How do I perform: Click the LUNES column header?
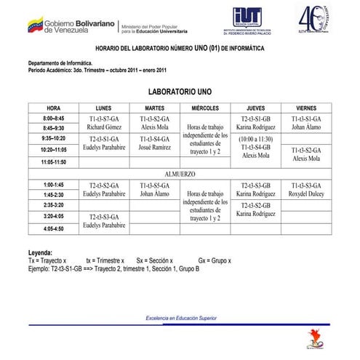[103, 108]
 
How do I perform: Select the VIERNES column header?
[306, 108]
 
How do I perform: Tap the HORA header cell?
[53, 108]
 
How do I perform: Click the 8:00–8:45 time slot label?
[53, 118]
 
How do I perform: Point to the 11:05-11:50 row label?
[53, 161]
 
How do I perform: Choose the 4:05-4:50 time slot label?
[53, 228]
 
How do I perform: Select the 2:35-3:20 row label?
[53, 206]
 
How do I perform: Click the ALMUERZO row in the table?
[180, 174]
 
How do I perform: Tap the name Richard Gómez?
[103, 127]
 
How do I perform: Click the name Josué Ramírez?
[154, 148]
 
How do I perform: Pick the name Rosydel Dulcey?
[306, 195]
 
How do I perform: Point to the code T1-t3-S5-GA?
[154, 185]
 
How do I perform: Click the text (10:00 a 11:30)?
[255, 138]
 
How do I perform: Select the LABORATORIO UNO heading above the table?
[180, 93]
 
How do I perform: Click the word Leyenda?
[41, 252]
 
